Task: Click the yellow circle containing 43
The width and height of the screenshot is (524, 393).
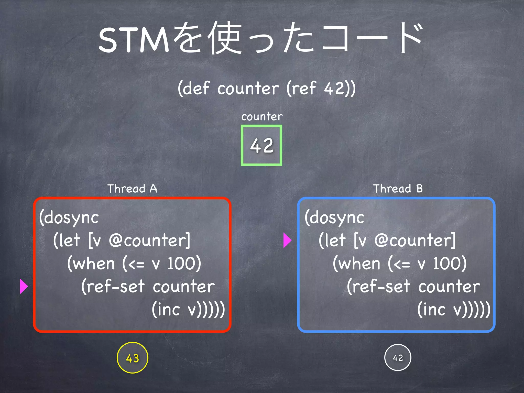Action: pyautogui.click(x=132, y=358)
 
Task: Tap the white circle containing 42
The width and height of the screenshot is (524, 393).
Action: pyautogui.click(x=398, y=357)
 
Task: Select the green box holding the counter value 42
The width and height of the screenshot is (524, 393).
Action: pyautogui.click(x=261, y=145)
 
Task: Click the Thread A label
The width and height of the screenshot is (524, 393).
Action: pyautogui.click(x=132, y=189)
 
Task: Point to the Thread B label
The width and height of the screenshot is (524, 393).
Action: pyautogui.click(x=398, y=189)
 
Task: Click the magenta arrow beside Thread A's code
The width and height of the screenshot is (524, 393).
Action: pyautogui.click(x=24, y=286)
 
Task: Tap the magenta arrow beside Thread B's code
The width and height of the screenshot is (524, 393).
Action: pyautogui.click(x=287, y=240)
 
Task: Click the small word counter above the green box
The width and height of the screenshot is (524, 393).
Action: pyautogui.click(x=262, y=117)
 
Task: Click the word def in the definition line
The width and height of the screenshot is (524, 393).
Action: pyautogui.click(x=196, y=89)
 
